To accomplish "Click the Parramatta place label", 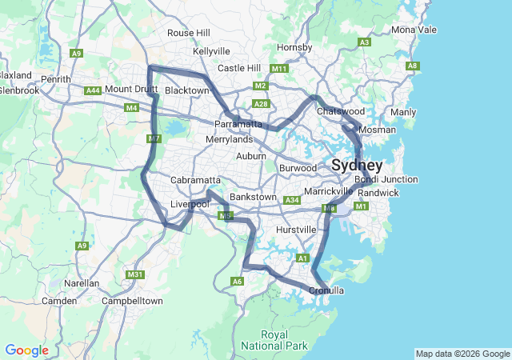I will [x=238, y=125].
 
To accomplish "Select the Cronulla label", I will [x=326, y=290].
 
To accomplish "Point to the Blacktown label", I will [x=186, y=91].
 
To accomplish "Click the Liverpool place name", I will [x=190, y=205].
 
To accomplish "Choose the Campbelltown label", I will [x=132, y=301].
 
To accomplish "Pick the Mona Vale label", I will [x=414, y=30].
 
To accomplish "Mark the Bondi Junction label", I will [x=388, y=180].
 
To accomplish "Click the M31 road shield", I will [x=134, y=275].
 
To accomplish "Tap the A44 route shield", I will [x=94, y=91].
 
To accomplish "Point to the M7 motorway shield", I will [x=154, y=139].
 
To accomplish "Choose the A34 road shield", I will [x=292, y=200].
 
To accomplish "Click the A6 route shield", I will [x=237, y=282].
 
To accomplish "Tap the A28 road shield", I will [x=261, y=104].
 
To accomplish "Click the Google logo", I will [x=26, y=350].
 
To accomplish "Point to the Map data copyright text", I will [x=462, y=354].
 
